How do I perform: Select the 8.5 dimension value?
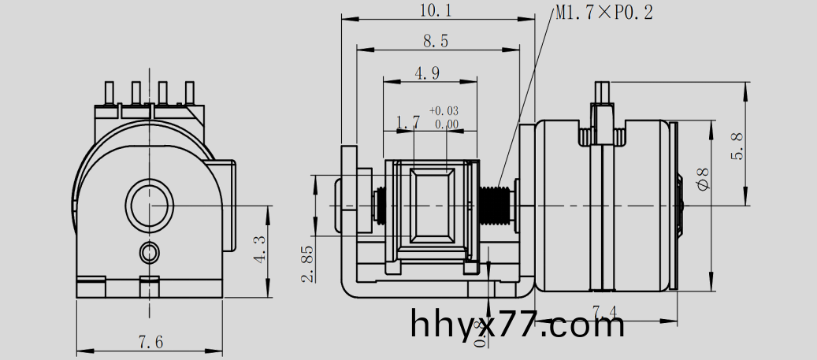tap(436, 42)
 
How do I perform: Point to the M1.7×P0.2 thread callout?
tap(604, 13)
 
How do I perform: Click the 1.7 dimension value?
tap(407, 122)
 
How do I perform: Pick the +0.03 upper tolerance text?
tap(444, 111)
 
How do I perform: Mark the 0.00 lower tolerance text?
tap(446, 124)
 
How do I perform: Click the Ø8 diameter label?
tap(704, 177)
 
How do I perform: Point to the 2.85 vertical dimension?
tap(307, 263)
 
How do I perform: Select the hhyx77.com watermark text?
tap(518, 324)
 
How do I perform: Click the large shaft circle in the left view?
tap(149, 204)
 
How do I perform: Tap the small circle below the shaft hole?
tap(148, 252)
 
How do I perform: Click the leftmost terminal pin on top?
tap(110, 94)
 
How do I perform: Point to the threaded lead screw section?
tap(493, 204)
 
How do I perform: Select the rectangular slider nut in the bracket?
tap(431, 205)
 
